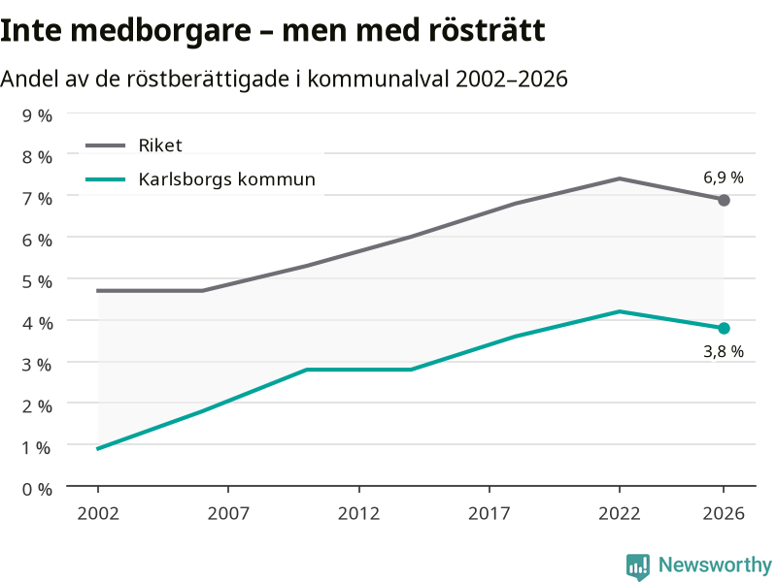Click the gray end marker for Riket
point(724,200)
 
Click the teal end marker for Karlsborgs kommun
point(724,328)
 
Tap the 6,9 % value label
point(724,178)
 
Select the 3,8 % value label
point(724,352)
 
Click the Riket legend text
point(160,145)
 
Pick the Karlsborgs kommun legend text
point(227,179)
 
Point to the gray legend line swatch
point(106,145)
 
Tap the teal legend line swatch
point(106,179)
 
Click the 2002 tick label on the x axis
point(98,514)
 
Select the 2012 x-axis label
point(358,514)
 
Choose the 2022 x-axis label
point(620,514)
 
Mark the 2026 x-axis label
point(724,514)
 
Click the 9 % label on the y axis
point(37,115)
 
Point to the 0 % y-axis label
point(37,490)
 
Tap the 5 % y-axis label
point(37,281)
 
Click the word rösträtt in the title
point(487,30)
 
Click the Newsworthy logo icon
point(638,566)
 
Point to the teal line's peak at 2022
point(620,311)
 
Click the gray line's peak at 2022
point(620,178)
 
